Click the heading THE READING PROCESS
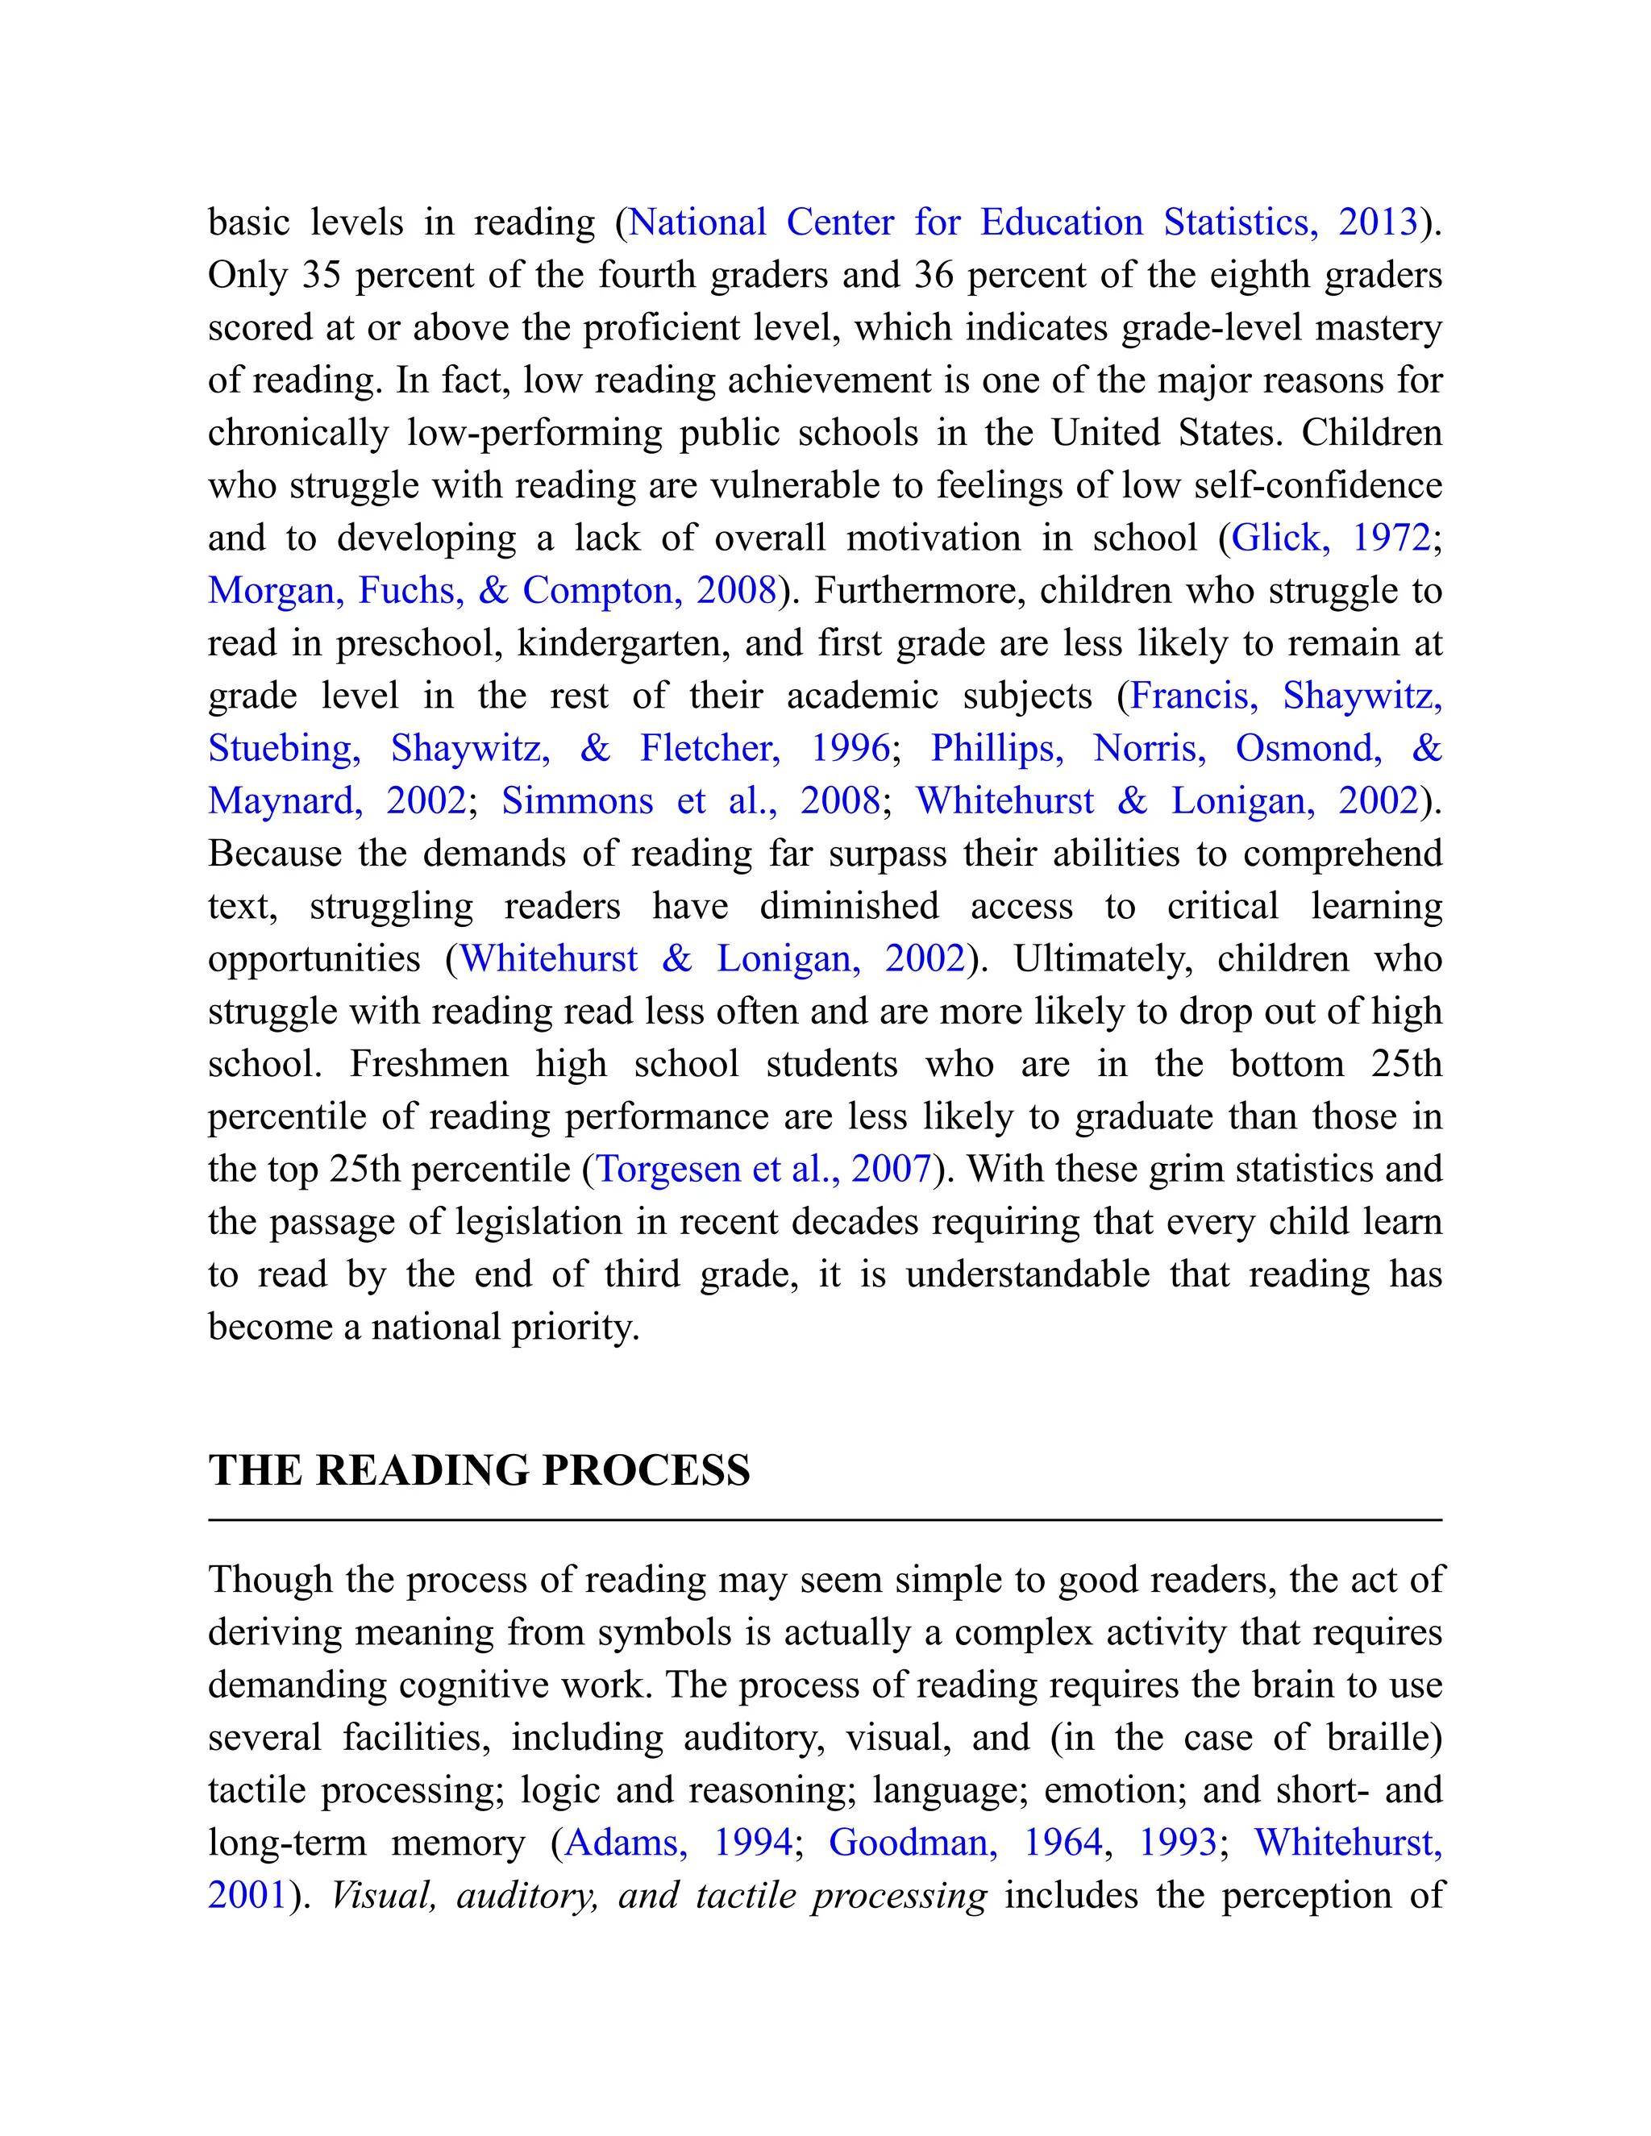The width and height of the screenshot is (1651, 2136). click(480, 1470)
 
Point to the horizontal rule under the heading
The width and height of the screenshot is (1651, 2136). click(825, 1521)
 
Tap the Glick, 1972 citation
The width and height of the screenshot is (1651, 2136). click(1330, 538)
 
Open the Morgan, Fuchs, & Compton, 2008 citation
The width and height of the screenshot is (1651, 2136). click(492, 591)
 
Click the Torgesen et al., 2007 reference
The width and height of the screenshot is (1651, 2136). click(763, 1169)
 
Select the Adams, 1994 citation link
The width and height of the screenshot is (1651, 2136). click(679, 1843)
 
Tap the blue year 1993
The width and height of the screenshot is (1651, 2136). click(1178, 1843)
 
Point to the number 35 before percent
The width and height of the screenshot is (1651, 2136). click(321, 275)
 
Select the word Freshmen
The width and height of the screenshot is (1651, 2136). click(428, 1064)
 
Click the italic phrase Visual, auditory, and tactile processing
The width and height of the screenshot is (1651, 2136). click(659, 1896)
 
